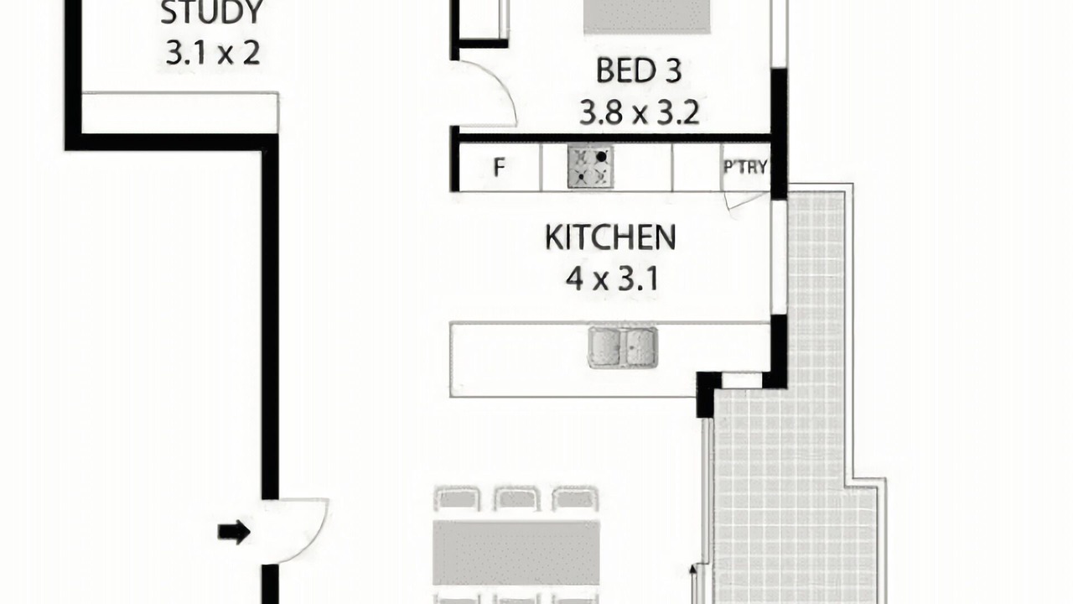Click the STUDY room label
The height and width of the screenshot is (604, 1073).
click(x=211, y=13)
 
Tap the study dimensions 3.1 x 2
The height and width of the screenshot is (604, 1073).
click(x=213, y=52)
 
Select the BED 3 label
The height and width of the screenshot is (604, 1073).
click(x=639, y=70)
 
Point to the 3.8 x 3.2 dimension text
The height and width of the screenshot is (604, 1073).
click(x=639, y=112)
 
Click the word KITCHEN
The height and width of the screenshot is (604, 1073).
click(x=610, y=237)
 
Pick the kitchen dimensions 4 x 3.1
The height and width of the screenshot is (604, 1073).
click(x=612, y=279)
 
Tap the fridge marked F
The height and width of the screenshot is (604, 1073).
click(x=499, y=167)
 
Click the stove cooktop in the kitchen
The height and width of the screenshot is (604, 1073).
click(x=590, y=167)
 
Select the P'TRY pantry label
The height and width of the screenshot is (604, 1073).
click(x=745, y=167)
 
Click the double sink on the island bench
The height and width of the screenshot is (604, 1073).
click(x=623, y=347)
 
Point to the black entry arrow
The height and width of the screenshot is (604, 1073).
click(x=234, y=532)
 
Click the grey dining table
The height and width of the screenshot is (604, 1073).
click(x=516, y=553)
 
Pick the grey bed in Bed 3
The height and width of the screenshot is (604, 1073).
click(x=646, y=17)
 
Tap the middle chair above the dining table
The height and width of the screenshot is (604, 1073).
click(x=516, y=499)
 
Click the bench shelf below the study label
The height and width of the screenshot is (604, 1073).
click(x=179, y=112)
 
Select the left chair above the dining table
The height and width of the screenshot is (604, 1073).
click(x=457, y=499)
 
